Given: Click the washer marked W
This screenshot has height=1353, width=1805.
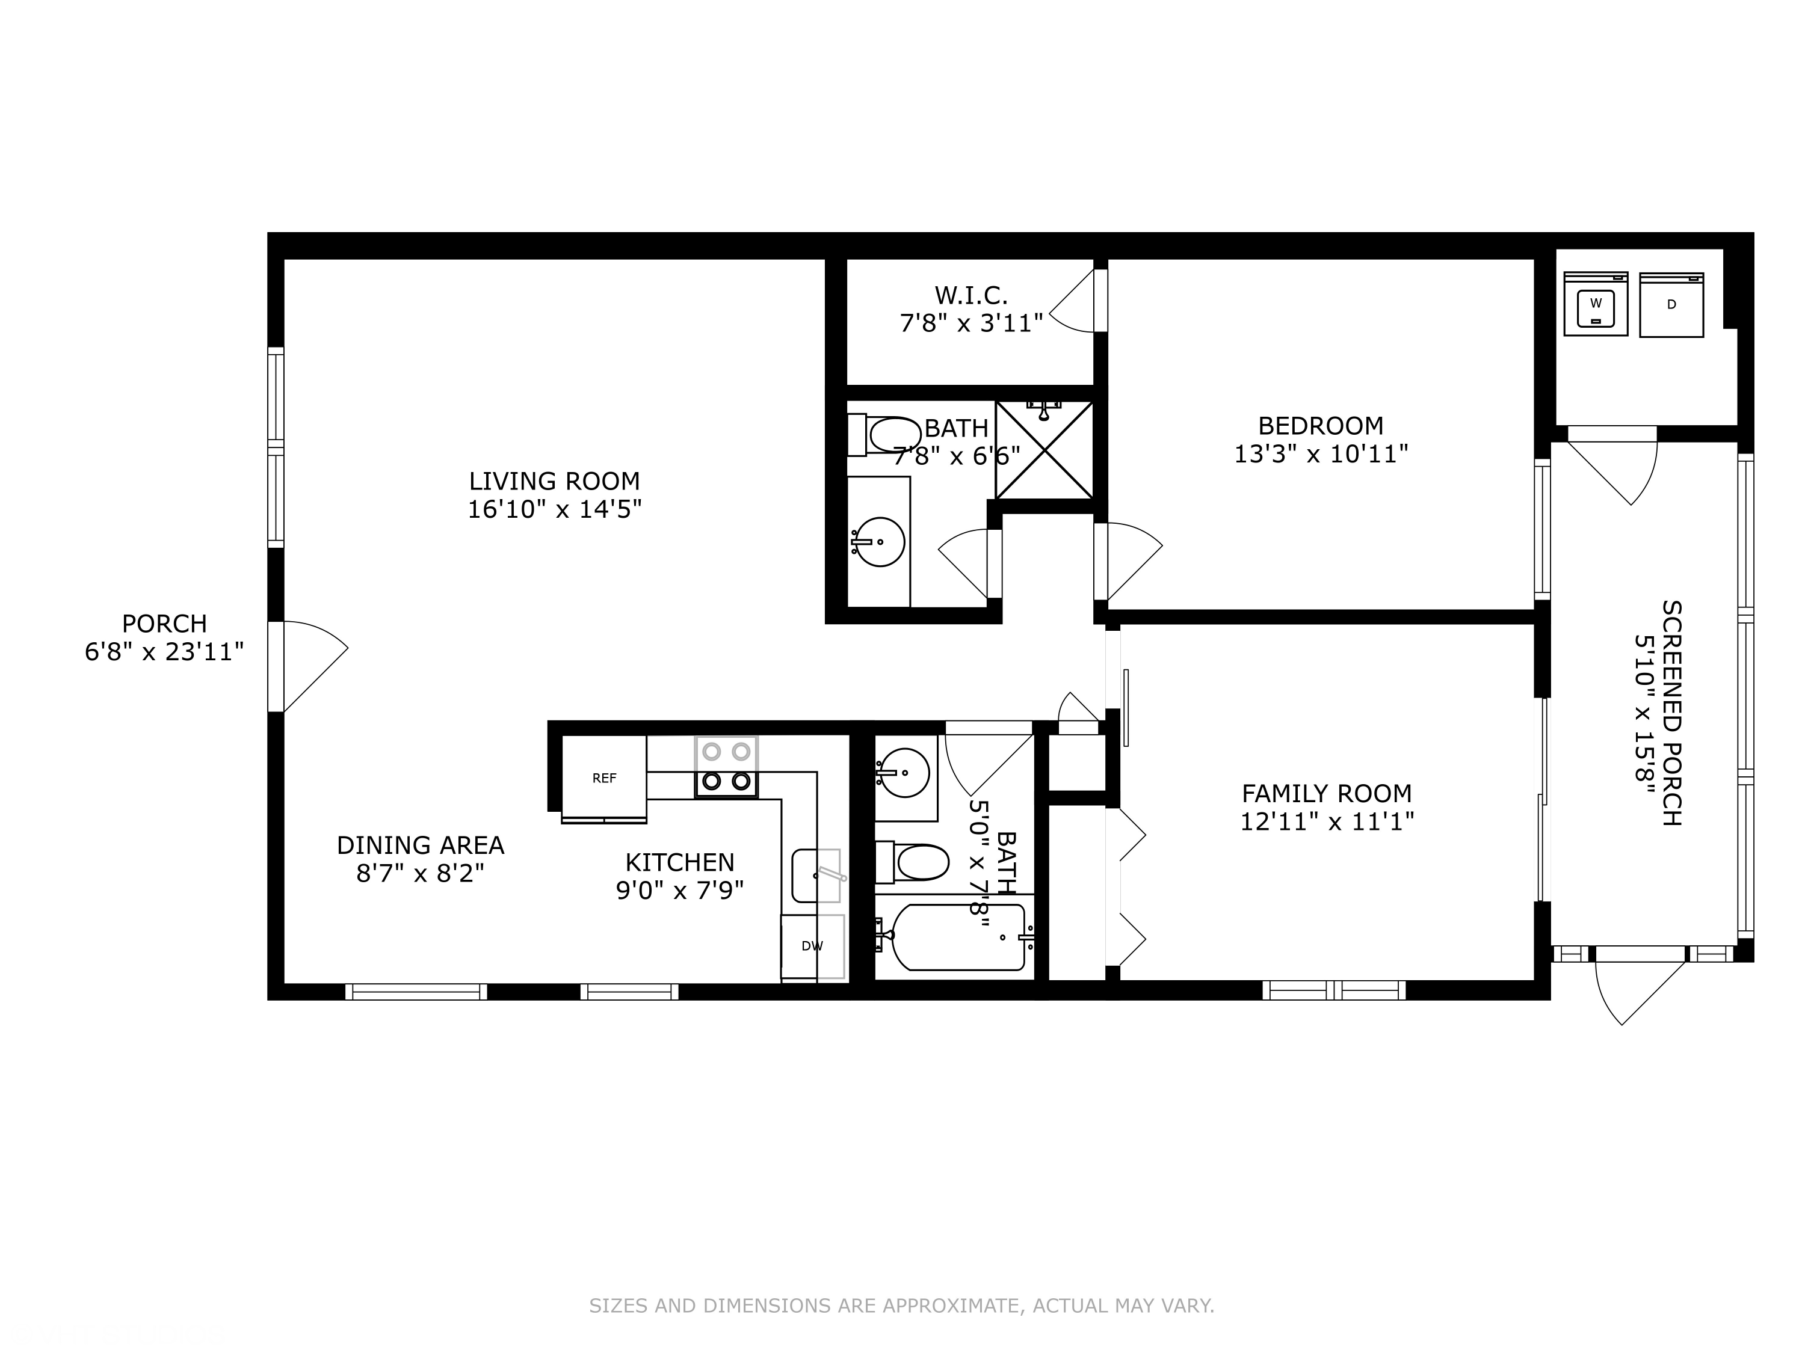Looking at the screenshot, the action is [x=1595, y=304].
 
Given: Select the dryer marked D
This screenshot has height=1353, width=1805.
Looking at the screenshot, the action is [x=1671, y=304].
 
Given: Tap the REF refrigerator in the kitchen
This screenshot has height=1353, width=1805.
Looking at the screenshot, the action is [x=604, y=779].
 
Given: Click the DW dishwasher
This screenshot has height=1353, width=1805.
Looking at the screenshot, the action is [x=812, y=946].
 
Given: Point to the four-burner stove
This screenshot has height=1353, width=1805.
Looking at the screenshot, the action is [x=726, y=767].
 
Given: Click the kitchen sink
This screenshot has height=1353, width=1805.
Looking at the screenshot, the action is [x=816, y=875].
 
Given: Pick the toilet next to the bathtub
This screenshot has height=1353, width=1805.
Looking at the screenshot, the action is [x=912, y=862].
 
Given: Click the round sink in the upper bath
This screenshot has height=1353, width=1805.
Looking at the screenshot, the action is [x=879, y=541].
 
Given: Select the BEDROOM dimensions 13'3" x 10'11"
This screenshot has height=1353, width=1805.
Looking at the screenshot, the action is [x=1321, y=454].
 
